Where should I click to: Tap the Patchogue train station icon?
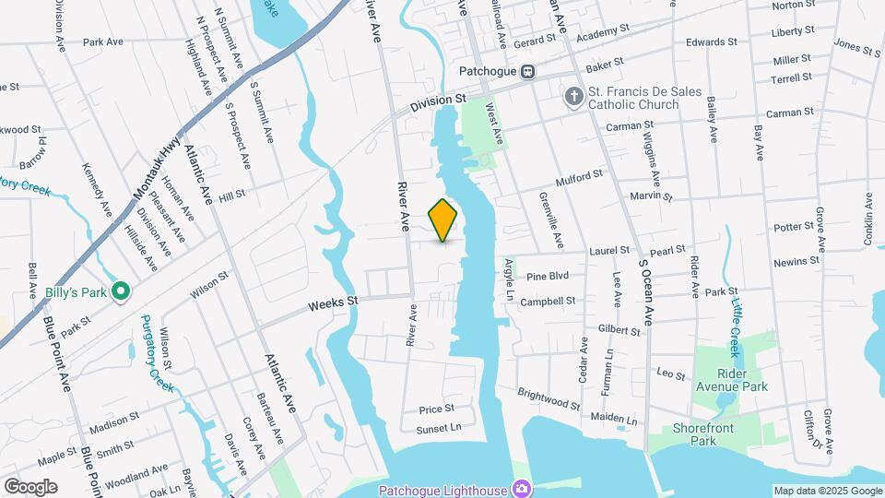pos(527,71)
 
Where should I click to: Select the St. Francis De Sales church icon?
pos(572,97)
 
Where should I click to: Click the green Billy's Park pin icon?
pos(120,292)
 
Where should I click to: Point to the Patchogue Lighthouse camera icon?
pos(522,488)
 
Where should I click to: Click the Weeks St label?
pos(332,302)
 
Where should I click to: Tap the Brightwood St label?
pos(549,399)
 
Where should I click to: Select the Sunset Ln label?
pos(439,428)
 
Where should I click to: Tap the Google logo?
pos(31,486)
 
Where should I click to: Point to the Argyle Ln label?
pos(508,279)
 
